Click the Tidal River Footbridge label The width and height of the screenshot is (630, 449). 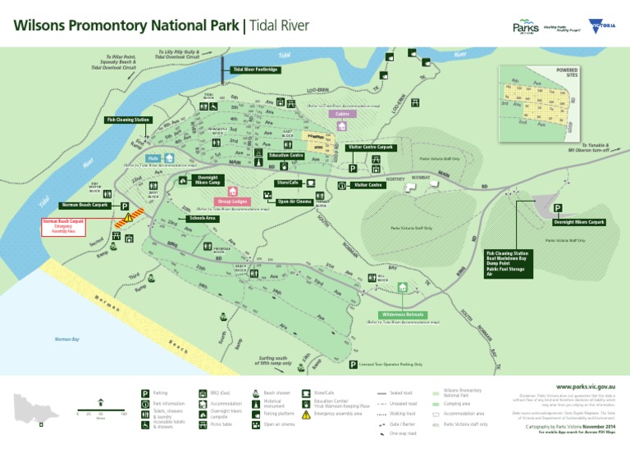(x=256, y=70)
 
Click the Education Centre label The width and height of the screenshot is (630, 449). (x=286, y=155)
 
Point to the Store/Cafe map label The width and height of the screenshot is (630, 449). (x=288, y=182)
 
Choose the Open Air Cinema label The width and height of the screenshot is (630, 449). (x=294, y=201)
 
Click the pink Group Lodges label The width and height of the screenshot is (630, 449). (x=234, y=201)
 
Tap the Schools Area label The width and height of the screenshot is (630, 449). (x=203, y=219)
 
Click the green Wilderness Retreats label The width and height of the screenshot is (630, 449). (x=403, y=314)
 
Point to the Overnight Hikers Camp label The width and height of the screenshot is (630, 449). (x=207, y=180)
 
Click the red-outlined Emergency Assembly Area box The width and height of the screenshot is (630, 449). (x=64, y=226)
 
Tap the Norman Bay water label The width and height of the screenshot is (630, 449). (x=66, y=338)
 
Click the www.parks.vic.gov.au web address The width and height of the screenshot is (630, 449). (x=584, y=385)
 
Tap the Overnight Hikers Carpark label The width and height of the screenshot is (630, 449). (x=578, y=222)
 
